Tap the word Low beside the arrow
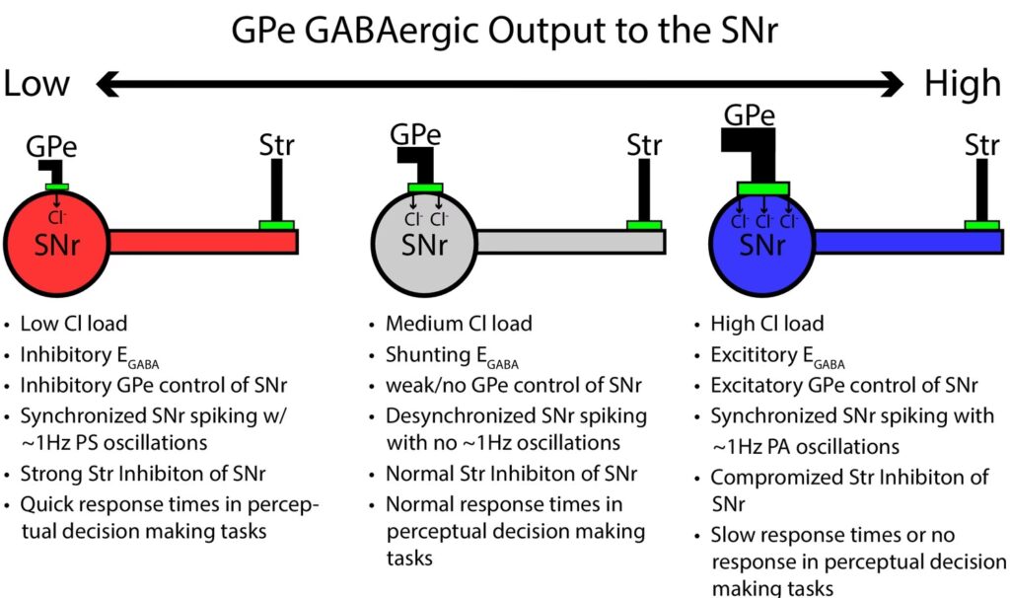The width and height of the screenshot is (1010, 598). pos(36,84)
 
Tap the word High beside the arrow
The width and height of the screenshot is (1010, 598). pos(962,84)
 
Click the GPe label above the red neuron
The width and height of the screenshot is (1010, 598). pos(52,147)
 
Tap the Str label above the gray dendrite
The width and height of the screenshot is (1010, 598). pos(644,146)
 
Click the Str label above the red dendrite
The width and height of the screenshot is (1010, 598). pos(276,147)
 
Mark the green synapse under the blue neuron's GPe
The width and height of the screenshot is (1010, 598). pos(762,188)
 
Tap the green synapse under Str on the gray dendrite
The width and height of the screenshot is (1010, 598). pos(644,225)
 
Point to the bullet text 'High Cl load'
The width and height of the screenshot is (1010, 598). pos(766,324)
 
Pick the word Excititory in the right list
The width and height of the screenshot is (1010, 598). pos(755,354)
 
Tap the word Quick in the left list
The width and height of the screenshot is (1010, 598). pos(47,505)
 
